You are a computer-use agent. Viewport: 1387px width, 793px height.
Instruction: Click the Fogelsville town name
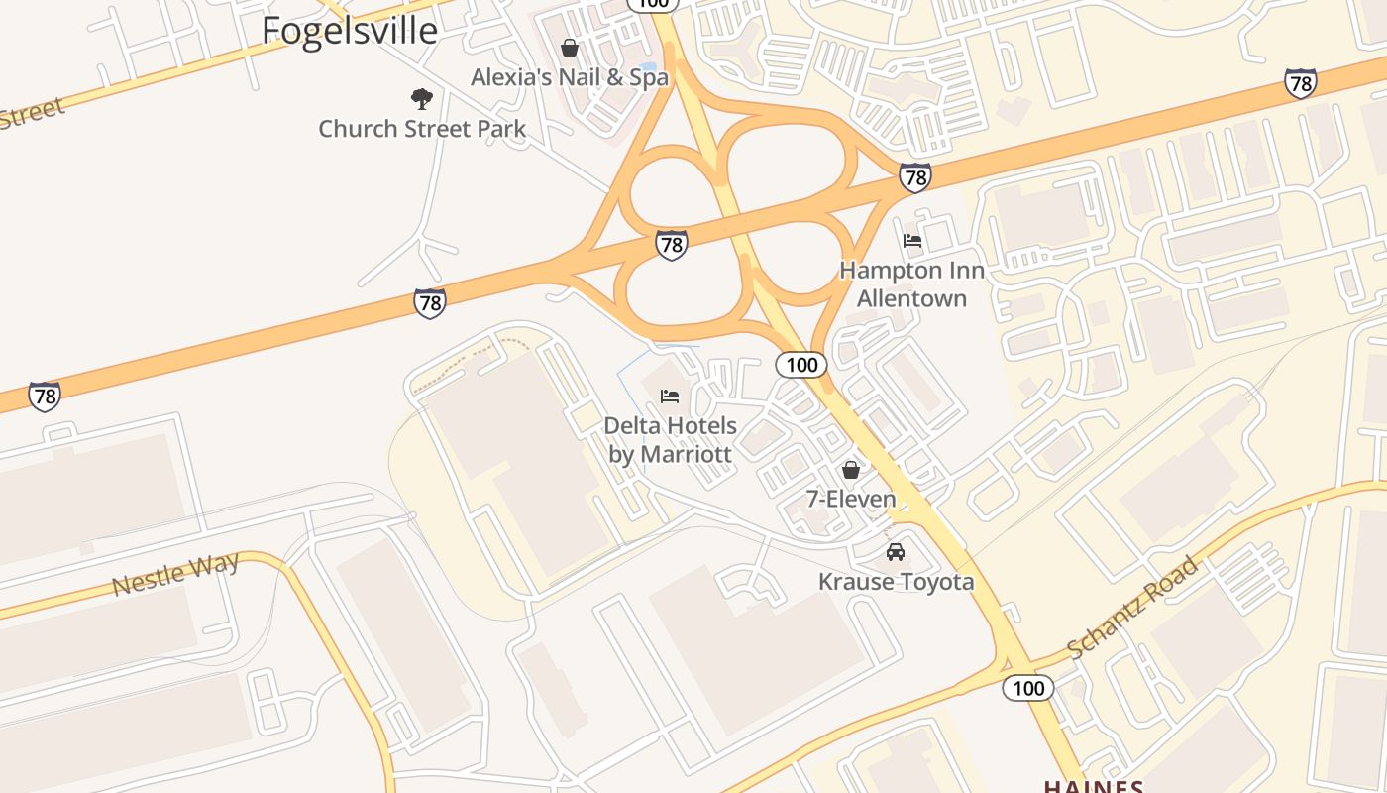click(x=349, y=31)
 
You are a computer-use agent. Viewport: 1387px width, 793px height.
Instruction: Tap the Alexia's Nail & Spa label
click(x=570, y=77)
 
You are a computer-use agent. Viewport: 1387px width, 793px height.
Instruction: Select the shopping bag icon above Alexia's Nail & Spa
click(x=570, y=48)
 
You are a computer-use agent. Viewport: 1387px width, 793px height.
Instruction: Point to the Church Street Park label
click(x=422, y=129)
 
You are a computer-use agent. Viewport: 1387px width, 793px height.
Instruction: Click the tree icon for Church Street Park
click(x=422, y=99)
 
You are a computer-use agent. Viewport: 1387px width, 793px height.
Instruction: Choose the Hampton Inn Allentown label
click(x=911, y=283)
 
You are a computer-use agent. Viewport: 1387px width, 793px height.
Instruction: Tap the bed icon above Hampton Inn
click(x=912, y=241)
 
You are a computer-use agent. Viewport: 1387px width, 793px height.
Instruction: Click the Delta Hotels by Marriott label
click(x=671, y=440)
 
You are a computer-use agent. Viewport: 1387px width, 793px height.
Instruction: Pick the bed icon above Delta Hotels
click(x=671, y=396)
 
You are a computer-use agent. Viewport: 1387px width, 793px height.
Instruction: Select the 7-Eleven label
click(x=851, y=500)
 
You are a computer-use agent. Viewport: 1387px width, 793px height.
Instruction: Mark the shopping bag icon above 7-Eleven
click(x=851, y=470)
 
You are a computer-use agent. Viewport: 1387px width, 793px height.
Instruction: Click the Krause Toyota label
click(x=896, y=582)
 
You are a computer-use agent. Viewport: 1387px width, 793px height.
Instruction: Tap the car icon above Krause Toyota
click(x=896, y=552)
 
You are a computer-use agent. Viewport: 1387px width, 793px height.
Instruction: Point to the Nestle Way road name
click(x=175, y=575)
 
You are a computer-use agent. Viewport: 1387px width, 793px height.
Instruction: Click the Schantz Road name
click(x=1133, y=608)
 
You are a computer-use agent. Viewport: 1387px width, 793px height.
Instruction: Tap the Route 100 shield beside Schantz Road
click(x=1028, y=687)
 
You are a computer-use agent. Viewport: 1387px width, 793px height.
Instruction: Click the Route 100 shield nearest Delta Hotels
click(x=800, y=365)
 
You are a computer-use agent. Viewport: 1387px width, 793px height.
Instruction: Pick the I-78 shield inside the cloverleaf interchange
click(x=672, y=244)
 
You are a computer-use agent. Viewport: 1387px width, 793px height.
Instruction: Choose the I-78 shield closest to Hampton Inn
click(x=915, y=177)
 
